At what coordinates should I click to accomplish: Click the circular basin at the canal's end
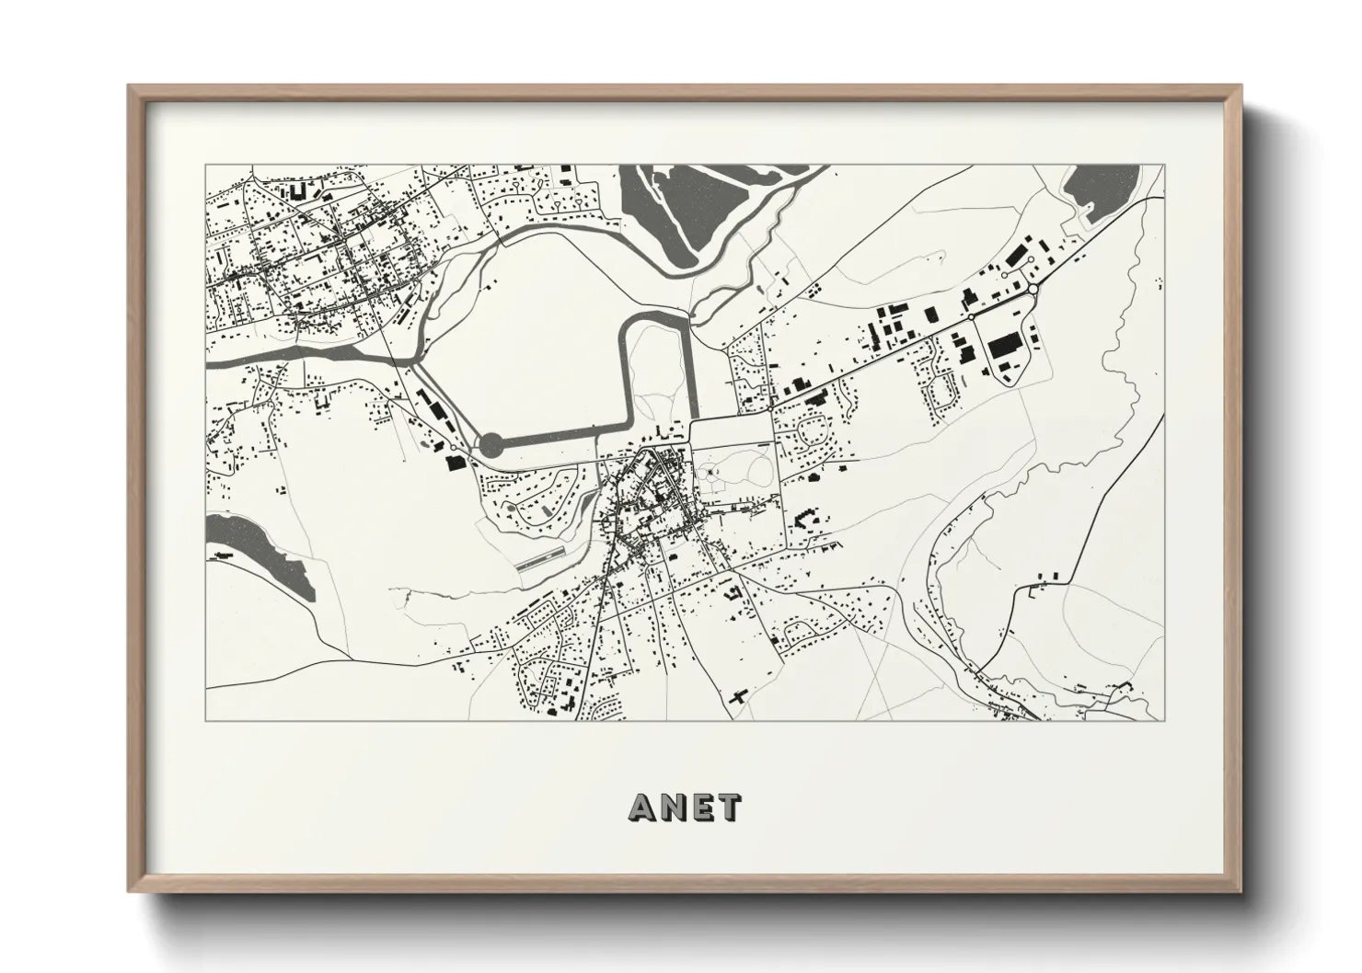[491, 446]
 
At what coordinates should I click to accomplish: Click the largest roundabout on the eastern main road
[1033, 290]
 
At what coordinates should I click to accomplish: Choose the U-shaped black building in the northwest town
[298, 192]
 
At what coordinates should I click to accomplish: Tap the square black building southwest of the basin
[452, 462]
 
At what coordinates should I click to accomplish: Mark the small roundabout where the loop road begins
[971, 316]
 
